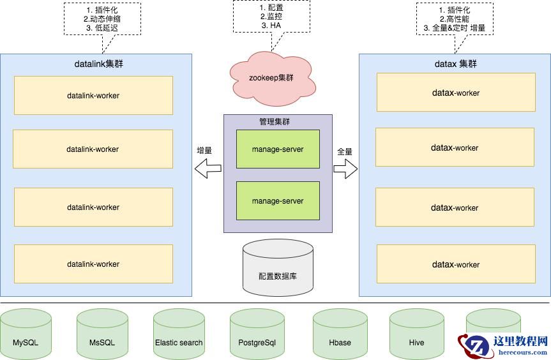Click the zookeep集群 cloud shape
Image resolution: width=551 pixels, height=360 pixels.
point(271,79)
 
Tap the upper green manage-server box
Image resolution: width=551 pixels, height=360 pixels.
point(278,149)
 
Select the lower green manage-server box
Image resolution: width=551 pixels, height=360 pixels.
point(278,201)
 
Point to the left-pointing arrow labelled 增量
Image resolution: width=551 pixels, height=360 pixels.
point(208,169)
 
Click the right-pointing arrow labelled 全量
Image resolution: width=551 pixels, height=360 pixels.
point(345,169)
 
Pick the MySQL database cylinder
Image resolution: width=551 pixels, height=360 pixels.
point(26,336)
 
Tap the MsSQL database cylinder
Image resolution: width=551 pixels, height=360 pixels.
point(102,336)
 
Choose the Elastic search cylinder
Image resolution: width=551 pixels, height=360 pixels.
point(179,336)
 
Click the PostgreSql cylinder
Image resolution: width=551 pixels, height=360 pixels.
point(257,336)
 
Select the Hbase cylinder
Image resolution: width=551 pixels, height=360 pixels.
point(340,336)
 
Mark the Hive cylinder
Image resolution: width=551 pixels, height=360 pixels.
point(416,336)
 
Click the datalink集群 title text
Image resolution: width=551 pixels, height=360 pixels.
point(96,64)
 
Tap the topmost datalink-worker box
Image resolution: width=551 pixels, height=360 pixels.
point(93,96)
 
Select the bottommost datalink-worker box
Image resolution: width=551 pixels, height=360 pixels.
point(93,264)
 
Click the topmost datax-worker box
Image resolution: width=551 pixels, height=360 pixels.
point(455,93)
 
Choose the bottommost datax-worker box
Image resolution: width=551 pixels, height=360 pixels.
point(455,264)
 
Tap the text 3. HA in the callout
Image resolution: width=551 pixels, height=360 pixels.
point(271,26)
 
